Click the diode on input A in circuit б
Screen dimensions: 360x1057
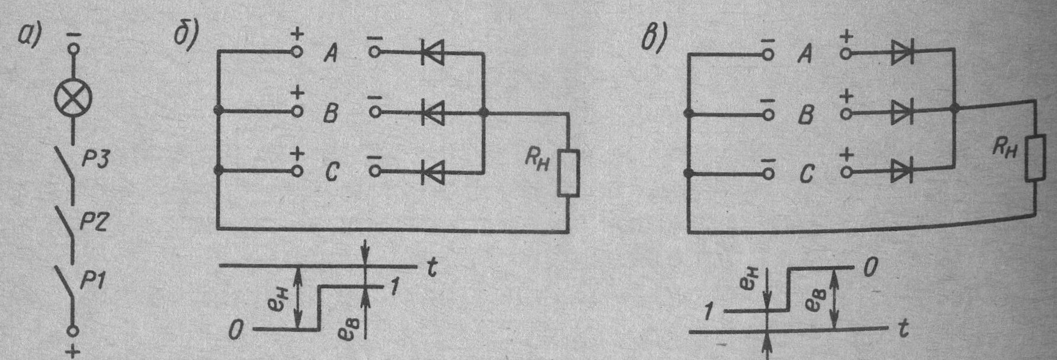pos(432,52)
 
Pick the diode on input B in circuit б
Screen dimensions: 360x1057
pos(432,112)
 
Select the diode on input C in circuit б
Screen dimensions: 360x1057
pos(432,172)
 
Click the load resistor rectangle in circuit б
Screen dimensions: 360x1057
pos(568,171)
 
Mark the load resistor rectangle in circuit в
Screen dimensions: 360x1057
pos(1035,157)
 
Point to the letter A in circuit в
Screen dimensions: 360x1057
pos(805,55)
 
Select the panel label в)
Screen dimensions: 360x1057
pos(655,39)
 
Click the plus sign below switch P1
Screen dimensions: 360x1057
pos(74,352)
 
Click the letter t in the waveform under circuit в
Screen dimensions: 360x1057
pos(903,330)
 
